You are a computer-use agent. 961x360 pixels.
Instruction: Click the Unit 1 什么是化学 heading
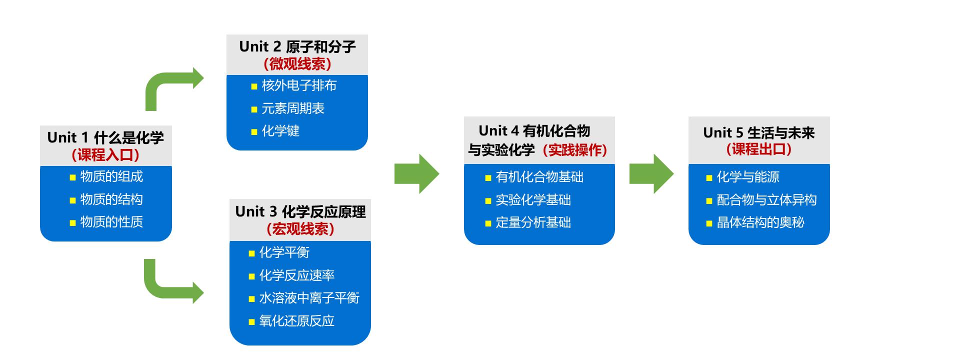[105, 137]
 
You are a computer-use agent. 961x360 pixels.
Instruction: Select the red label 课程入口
[105, 155]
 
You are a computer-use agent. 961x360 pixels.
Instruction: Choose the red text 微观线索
[297, 64]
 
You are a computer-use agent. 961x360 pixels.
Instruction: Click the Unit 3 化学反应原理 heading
[300, 211]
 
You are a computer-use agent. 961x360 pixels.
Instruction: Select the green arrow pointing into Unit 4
[417, 173]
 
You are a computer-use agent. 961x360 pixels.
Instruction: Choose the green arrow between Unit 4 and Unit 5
[651, 173]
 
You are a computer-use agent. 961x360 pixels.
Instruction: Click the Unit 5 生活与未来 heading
[759, 132]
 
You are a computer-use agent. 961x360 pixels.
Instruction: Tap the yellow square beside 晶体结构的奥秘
[709, 223]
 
